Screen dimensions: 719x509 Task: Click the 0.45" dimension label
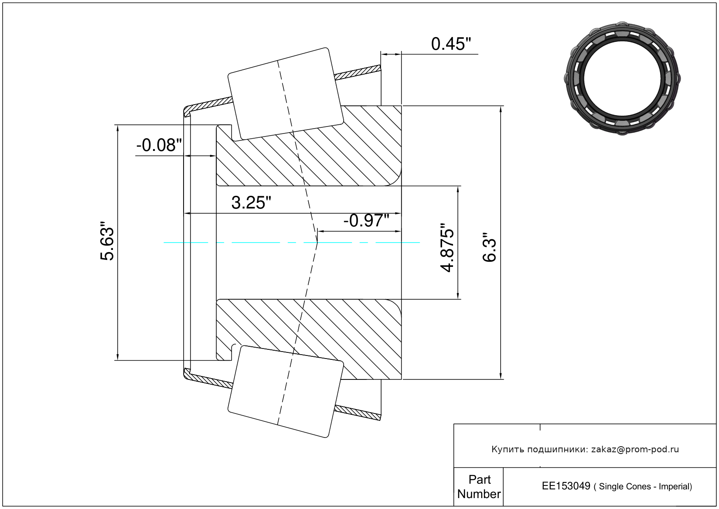451,44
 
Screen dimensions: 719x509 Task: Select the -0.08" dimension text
159,145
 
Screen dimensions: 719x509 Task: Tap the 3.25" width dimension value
251,203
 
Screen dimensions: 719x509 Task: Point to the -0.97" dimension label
366,221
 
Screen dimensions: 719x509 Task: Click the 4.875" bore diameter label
447,248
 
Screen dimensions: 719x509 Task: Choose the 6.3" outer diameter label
489,248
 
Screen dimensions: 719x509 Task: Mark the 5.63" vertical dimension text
107,240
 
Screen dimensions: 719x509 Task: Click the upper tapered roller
286,94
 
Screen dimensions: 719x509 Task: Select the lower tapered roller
286,392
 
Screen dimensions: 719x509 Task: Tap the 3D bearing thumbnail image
622,79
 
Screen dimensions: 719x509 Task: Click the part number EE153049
566,486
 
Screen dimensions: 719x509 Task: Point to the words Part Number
479,486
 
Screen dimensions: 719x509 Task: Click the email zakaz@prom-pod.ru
635,449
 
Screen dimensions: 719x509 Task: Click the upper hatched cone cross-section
309,146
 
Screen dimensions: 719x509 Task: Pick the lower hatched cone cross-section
309,339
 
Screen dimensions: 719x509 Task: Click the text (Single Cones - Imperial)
643,486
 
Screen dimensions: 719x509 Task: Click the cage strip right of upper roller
358,72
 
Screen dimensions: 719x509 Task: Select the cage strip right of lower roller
358,413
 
